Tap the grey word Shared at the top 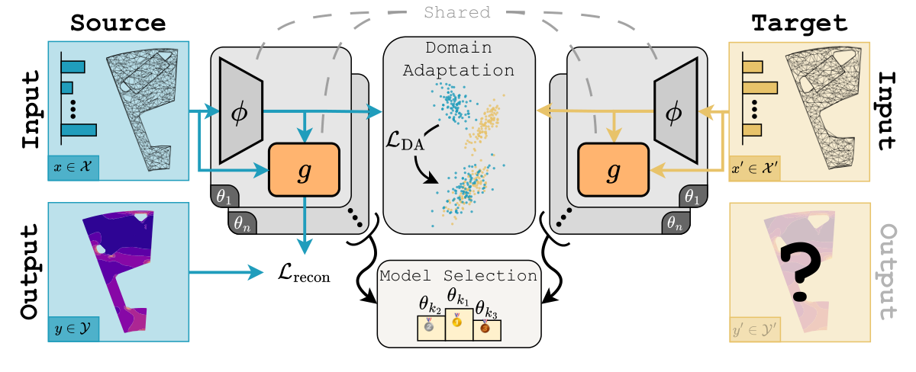click(x=456, y=13)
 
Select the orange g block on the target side click(x=612, y=169)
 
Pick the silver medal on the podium click(x=429, y=326)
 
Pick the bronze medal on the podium click(x=485, y=329)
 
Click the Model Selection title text click(x=458, y=275)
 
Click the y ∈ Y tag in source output click(x=76, y=329)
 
